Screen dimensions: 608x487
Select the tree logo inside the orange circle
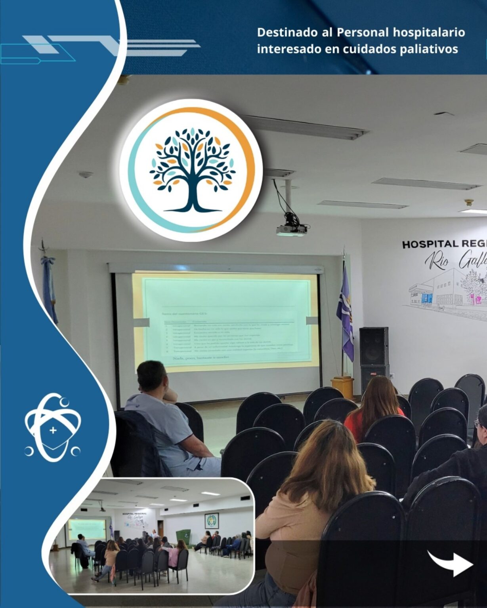coord(192,169)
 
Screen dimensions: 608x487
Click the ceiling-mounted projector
coord(291,229)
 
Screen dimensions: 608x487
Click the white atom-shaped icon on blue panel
coord(53,427)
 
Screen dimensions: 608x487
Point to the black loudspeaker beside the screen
coord(373,346)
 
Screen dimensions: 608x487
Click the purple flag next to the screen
coord(346,313)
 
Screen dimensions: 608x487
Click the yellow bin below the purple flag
coord(342,388)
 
